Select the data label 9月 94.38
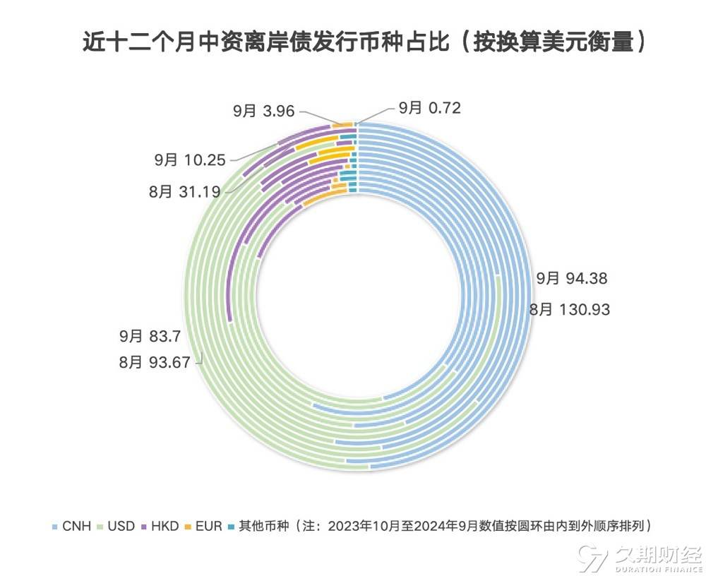571,279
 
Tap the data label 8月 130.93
569,309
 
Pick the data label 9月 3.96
264,110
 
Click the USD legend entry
123,526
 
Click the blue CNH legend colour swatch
55,527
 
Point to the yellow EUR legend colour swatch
189,527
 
